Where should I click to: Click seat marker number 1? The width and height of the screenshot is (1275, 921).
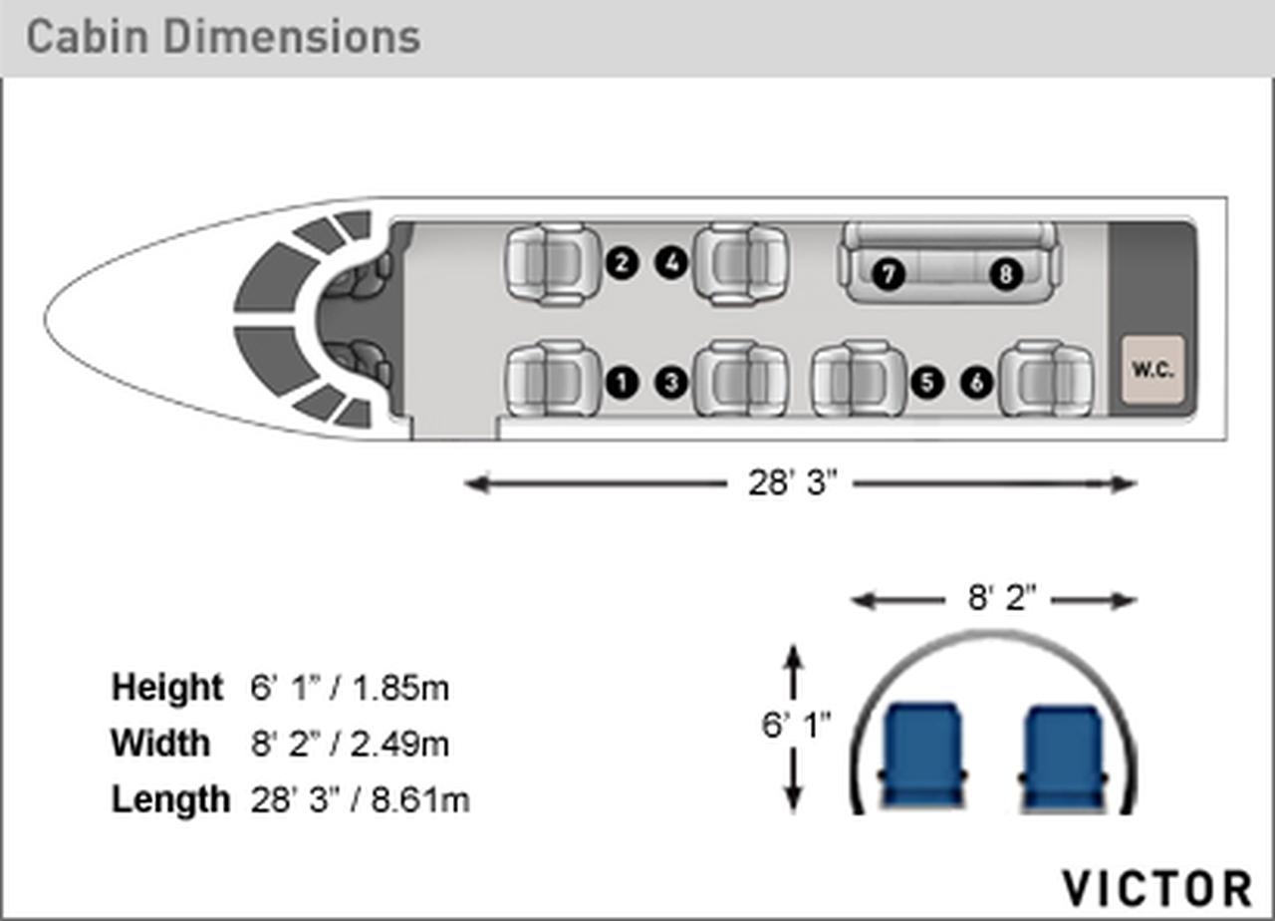[623, 382]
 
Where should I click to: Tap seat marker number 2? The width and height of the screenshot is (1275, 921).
[623, 263]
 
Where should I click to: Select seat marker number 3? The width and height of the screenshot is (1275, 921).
[671, 382]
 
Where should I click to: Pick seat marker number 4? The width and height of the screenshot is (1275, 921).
[671, 263]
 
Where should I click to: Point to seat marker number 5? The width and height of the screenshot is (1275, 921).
[927, 382]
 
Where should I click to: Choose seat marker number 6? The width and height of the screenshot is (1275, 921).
[977, 382]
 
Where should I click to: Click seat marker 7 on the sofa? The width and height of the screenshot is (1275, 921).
[889, 274]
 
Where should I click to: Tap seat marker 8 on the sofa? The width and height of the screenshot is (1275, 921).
[1006, 274]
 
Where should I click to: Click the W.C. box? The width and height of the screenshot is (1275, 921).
[1153, 370]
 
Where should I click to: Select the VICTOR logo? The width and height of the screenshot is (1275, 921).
[1156, 888]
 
